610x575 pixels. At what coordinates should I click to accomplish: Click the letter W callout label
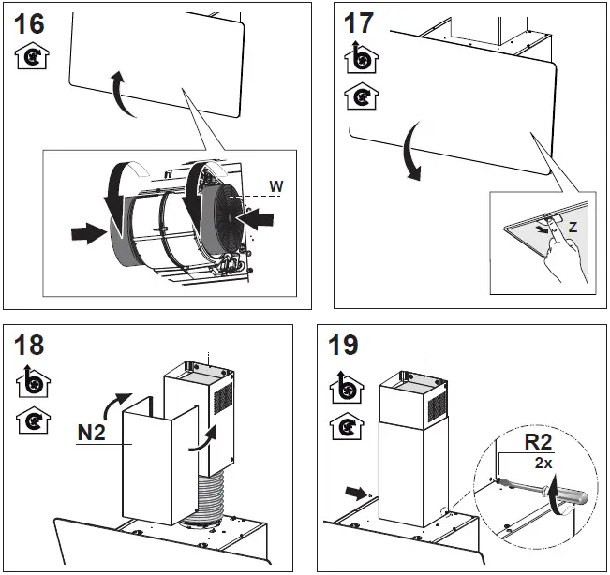tap(275, 186)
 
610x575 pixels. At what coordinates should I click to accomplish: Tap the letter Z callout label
tap(573, 228)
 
